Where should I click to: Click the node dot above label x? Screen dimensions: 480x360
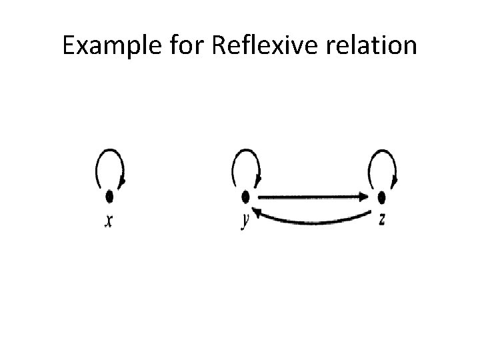click(x=109, y=197)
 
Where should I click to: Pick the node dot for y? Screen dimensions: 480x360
click(x=245, y=197)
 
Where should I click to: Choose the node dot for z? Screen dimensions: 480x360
click(x=381, y=197)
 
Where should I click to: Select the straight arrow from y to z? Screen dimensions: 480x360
click(x=307, y=197)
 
